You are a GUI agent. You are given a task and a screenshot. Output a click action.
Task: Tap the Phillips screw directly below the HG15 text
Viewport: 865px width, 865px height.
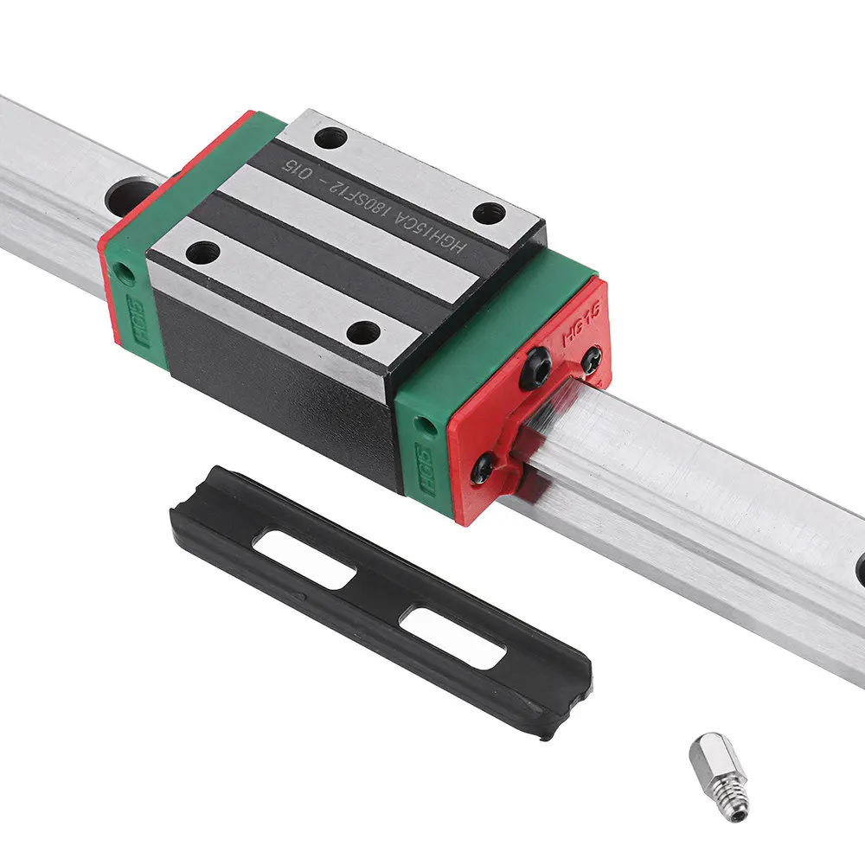click(x=591, y=360)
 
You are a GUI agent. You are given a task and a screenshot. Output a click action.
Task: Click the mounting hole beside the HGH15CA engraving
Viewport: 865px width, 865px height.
click(x=490, y=211)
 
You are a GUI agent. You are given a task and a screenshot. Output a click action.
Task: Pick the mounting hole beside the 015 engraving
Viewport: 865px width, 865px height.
click(x=330, y=137)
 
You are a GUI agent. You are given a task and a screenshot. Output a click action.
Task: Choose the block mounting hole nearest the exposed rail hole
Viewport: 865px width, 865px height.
click(x=203, y=252)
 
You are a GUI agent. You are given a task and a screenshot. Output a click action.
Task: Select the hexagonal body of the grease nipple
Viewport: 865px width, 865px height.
click(x=710, y=754)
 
